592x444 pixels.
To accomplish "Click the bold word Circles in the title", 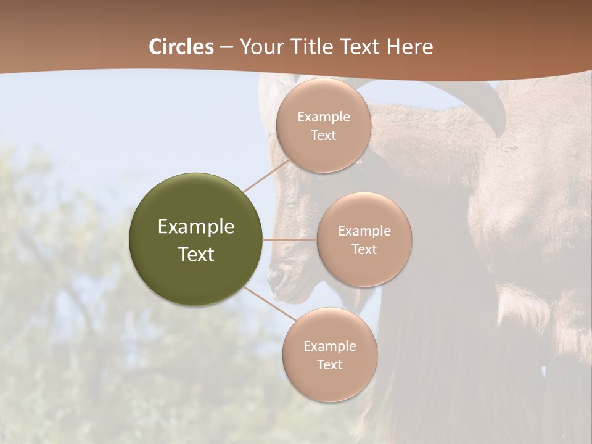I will (181, 47).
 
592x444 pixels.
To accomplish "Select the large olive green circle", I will (196, 239).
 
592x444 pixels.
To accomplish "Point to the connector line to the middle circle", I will (290, 239).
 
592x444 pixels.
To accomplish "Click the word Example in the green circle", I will (196, 227).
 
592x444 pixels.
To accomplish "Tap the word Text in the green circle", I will (196, 254).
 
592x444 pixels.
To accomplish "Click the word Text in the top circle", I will (323, 136).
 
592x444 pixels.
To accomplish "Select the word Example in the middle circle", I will (364, 231).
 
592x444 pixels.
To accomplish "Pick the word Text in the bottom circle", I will (329, 365).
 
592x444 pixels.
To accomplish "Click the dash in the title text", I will (226, 47).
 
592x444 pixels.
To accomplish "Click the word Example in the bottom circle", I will (329, 347).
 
